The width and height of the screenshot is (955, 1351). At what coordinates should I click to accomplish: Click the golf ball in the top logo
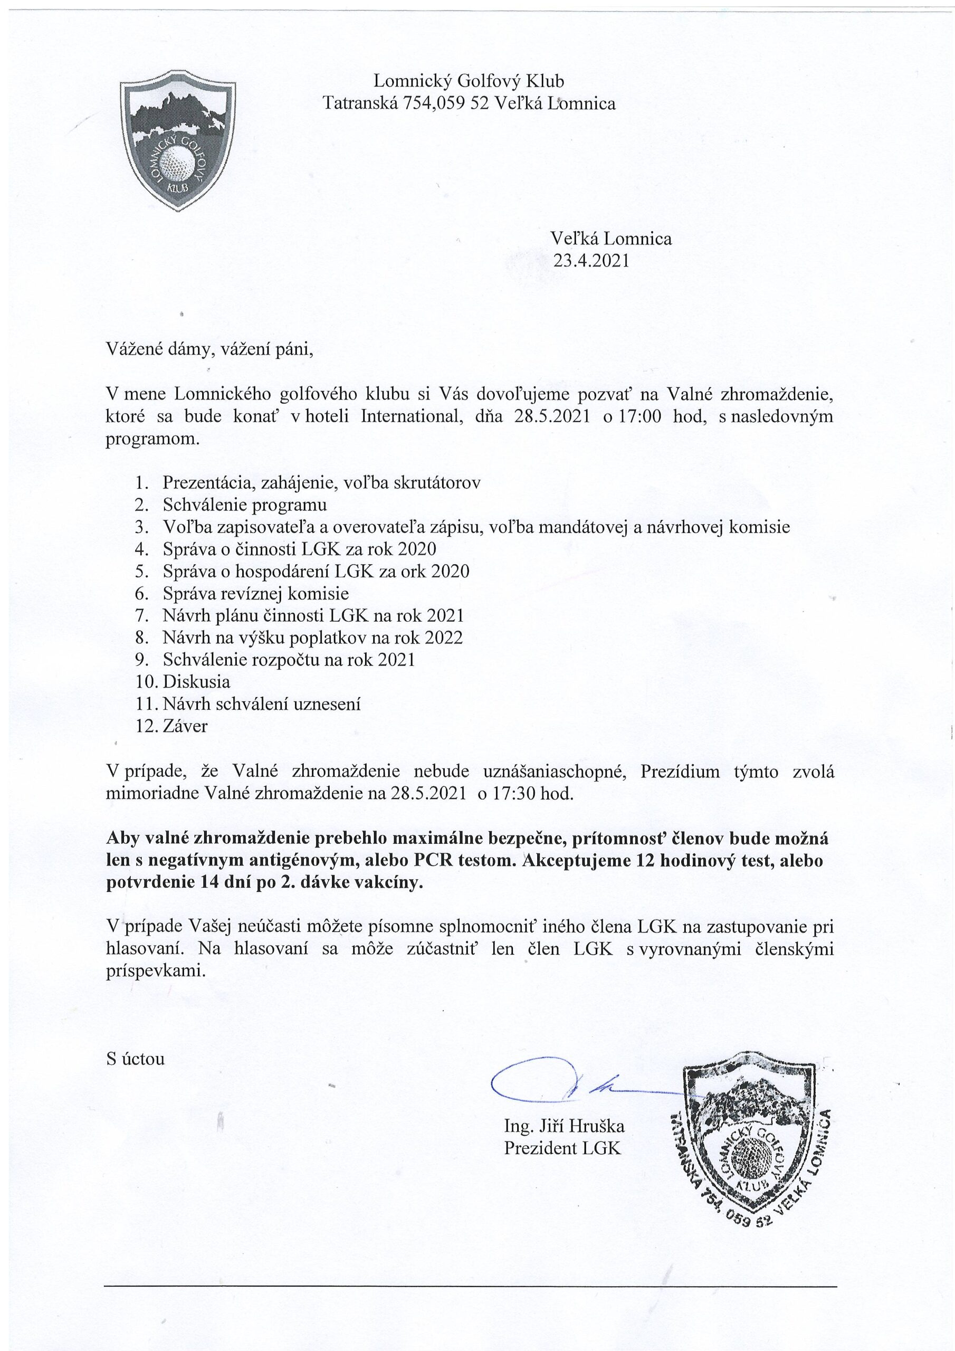[178, 162]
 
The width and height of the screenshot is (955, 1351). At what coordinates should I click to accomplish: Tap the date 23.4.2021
[591, 261]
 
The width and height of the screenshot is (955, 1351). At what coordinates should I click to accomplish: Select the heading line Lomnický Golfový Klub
[469, 81]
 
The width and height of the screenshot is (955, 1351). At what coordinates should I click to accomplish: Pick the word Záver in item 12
[185, 726]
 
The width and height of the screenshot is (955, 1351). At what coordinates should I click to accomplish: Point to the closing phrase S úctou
[136, 1059]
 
